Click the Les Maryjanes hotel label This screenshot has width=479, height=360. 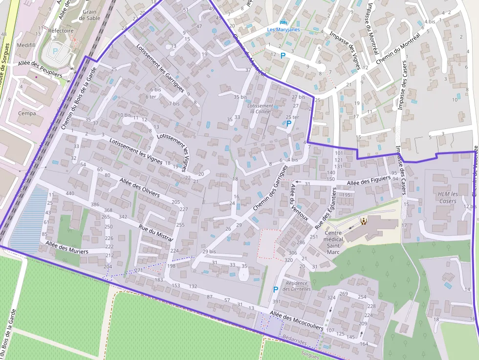[x=283, y=29]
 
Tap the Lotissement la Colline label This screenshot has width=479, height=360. [x=260, y=108]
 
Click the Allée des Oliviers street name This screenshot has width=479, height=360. [x=140, y=187]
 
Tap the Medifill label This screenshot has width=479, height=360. [x=26, y=44]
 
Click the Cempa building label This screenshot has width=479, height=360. [x=26, y=113]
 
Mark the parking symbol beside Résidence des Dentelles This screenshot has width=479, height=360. [x=276, y=289]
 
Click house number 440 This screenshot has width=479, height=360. [x=70, y=193]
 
